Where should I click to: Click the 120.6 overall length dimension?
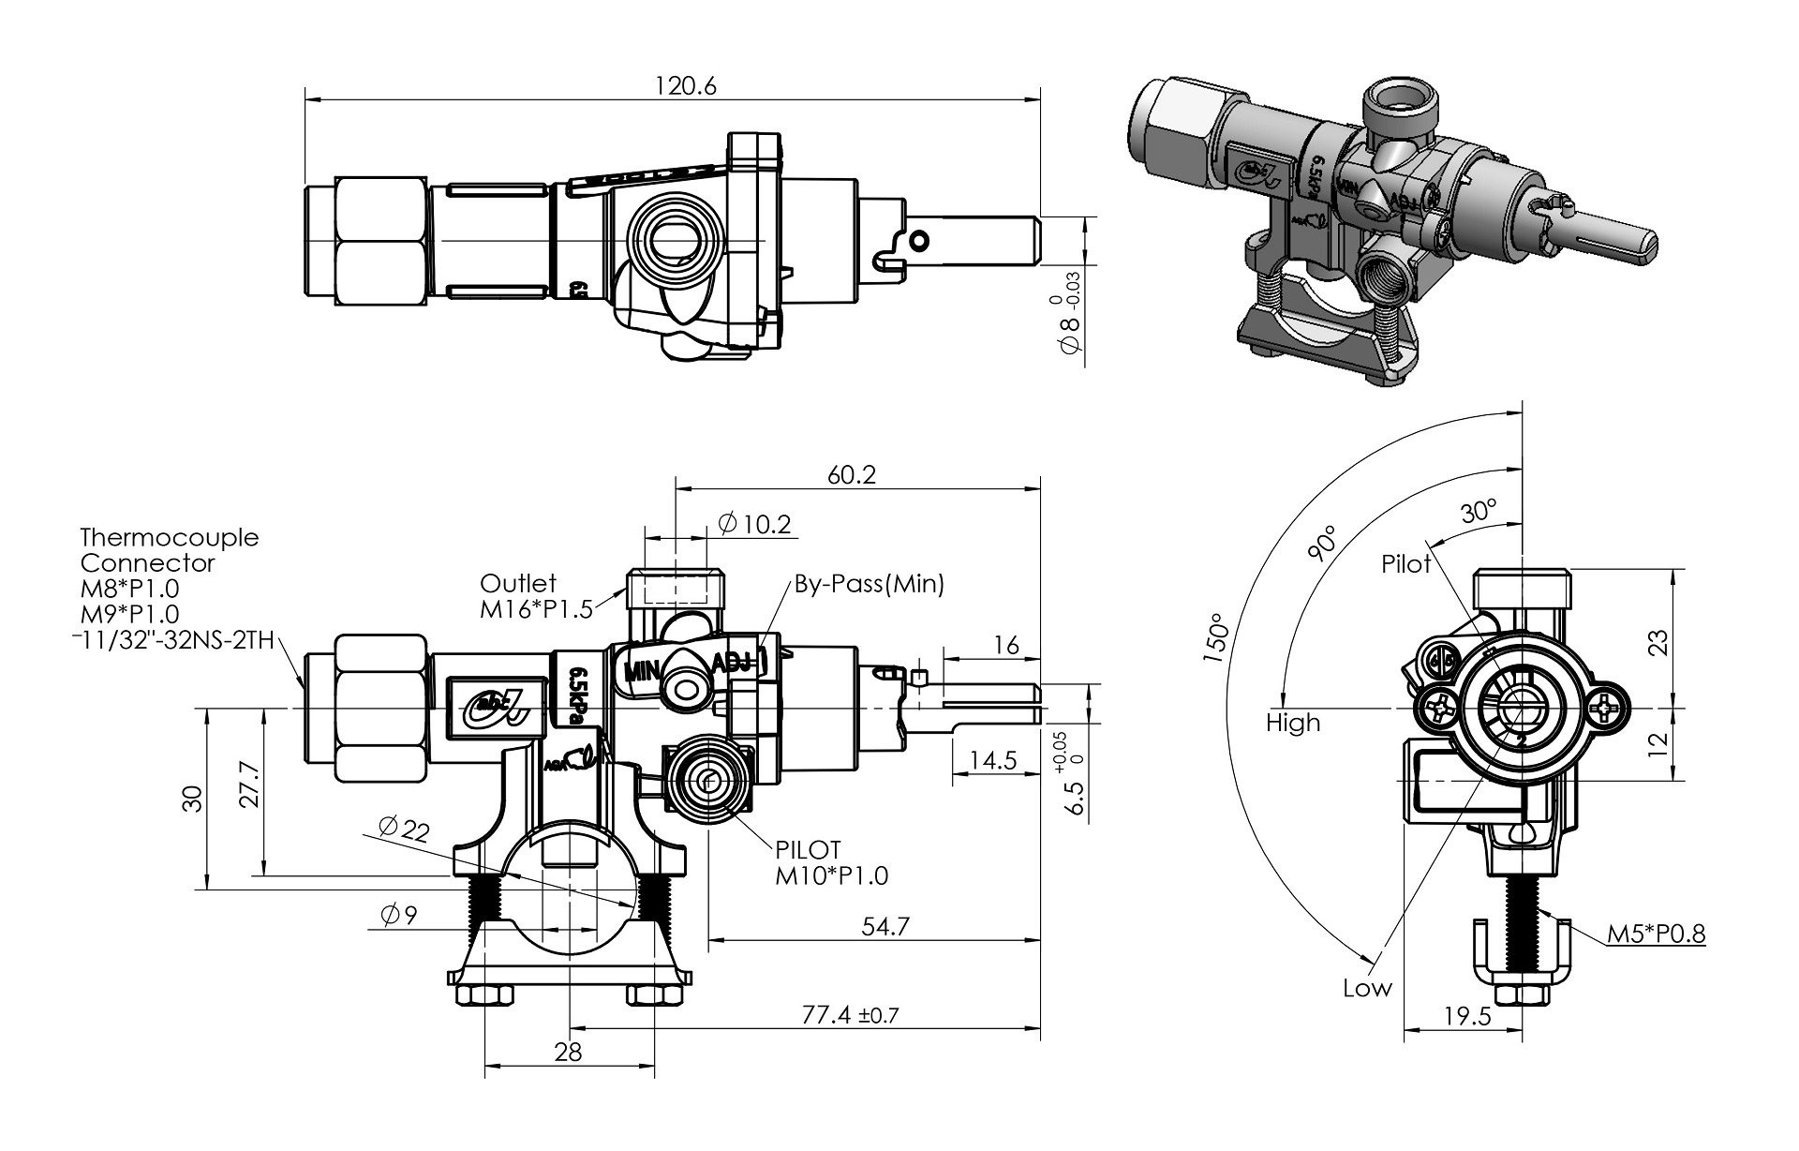(x=685, y=85)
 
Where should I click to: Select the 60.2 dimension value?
(x=851, y=475)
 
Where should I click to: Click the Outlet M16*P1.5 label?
(x=536, y=597)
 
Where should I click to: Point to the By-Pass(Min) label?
(x=869, y=585)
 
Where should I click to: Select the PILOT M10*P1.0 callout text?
(x=831, y=863)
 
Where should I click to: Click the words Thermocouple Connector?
(x=169, y=550)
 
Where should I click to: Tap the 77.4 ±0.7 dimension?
(x=851, y=1015)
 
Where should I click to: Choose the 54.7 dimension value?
(x=885, y=926)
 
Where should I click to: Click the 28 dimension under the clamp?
(x=568, y=1052)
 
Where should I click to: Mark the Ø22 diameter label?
(x=404, y=829)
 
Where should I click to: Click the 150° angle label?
(x=1217, y=638)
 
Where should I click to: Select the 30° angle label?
(x=1478, y=512)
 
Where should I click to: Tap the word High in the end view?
(x=1292, y=723)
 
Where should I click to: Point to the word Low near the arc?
(x=1367, y=988)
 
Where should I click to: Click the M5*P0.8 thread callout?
(x=1656, y=934)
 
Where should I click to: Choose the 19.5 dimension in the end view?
(x=1466, y=1016)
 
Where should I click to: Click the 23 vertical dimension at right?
(x=1658, y=643)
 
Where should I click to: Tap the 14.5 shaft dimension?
(x=992, y=759)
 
